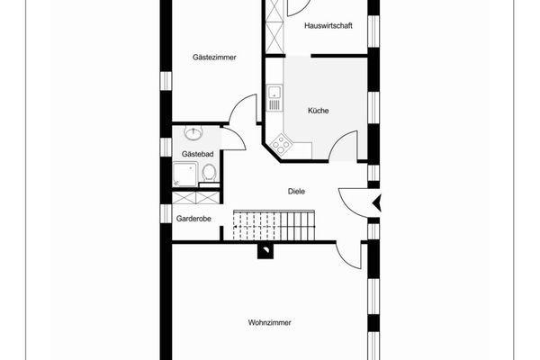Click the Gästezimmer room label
coord(214,58)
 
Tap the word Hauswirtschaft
coord(328,25)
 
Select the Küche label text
coord(318,111)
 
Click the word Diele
coord(296,191)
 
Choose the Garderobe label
coord(193,218)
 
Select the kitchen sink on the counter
coord(274,92)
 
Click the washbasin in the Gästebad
coord(193,134)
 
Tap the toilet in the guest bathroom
coord(209,171)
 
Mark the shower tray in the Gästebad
coord(184,173)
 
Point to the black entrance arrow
coord(377,203)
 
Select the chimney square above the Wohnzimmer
coord(266,251)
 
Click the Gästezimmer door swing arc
coord(244,111)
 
